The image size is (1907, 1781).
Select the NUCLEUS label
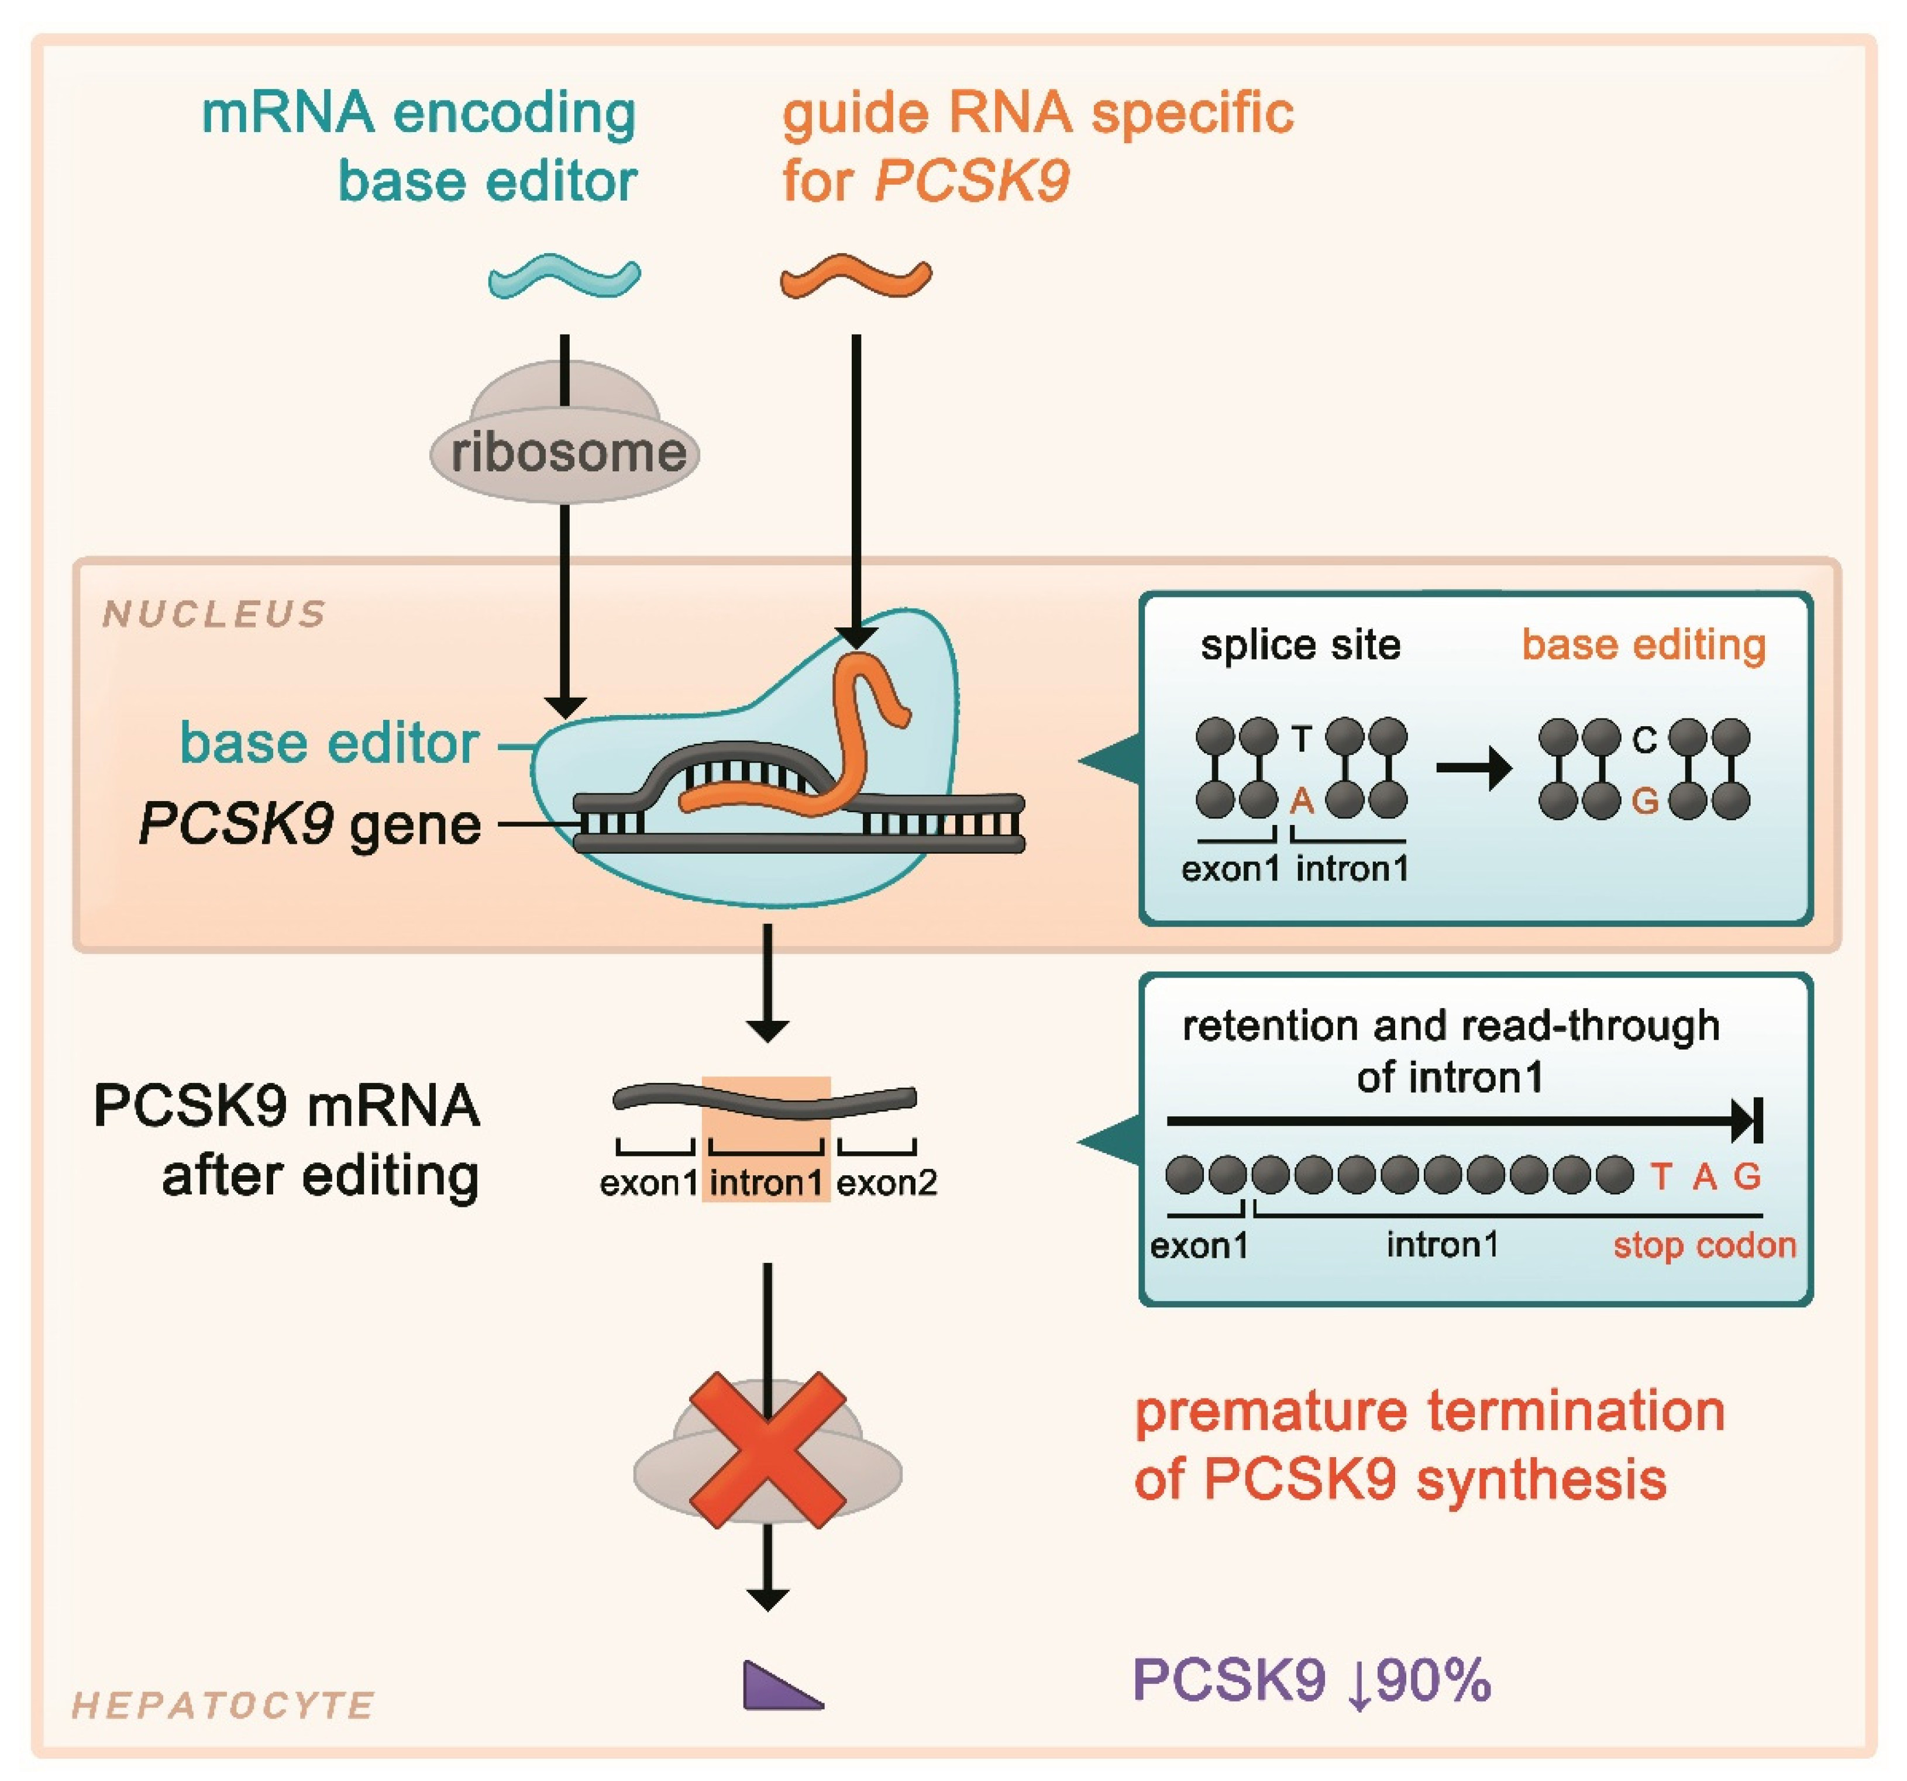(x=215, y=614)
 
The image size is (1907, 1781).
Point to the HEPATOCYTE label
(x=222, y=1705)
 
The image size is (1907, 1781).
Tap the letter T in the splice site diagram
(x=1302, y=738)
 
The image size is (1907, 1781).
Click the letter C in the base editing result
(x=1644, y=740)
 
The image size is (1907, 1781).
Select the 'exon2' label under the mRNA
(x=886, y=1182)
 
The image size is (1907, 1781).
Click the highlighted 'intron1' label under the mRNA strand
(x=766, y=1182)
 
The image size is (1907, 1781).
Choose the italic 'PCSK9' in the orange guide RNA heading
(x=971, y=180)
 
